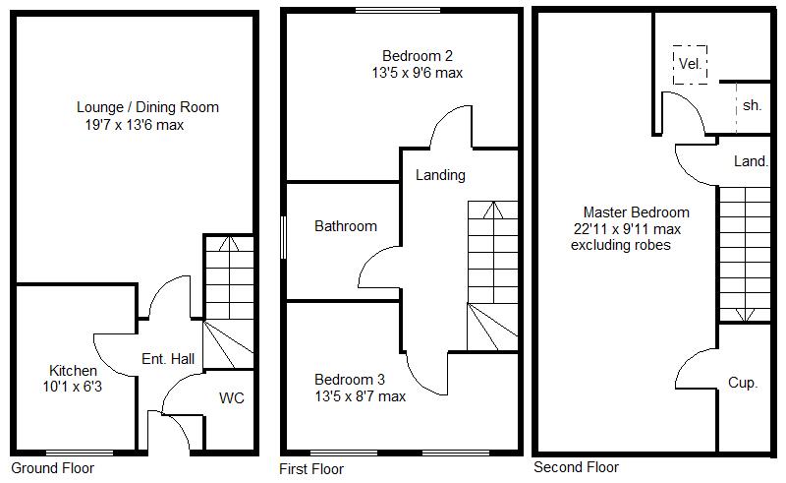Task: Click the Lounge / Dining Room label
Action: coord(147,107)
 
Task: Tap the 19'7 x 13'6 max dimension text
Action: coord(135,125)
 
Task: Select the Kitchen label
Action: coord(74,371)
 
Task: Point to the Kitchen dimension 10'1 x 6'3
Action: coord(74,388)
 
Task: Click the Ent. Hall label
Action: coord(167,359)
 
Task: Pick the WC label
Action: coord(232,398)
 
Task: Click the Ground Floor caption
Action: coord(50,467)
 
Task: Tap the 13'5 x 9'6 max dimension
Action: coord(417,73)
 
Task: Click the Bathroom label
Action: coord(346,226)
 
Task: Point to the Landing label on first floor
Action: coord(440,175)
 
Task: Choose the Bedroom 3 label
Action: coord(350,380)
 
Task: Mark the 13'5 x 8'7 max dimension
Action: coord(360,396)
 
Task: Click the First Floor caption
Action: coord(311,469)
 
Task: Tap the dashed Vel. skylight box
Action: coord(691,64)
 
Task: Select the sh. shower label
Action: coord(752,105)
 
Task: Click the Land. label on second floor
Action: coord(751,161)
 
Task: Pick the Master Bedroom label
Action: coord(636,211)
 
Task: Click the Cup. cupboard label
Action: coord(743,383)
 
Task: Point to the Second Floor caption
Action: coord(576,467)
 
